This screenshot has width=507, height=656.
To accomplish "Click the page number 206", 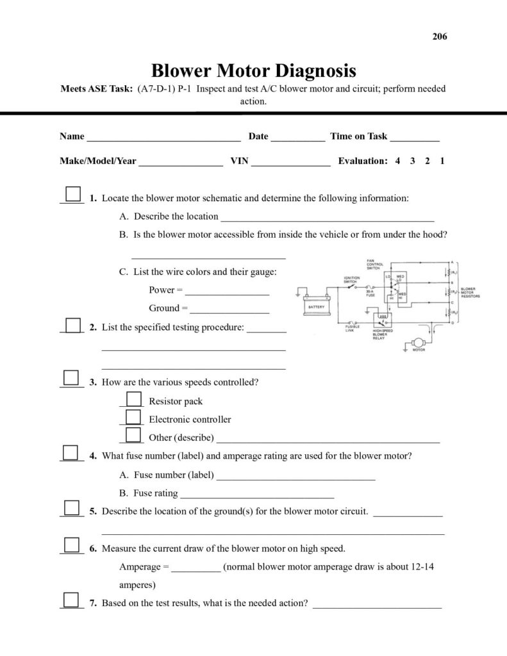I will point(440,37).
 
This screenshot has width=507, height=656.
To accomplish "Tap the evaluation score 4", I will point(397,161).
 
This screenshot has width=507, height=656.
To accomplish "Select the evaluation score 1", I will point(442,161).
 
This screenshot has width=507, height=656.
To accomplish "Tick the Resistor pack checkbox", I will point(133,398).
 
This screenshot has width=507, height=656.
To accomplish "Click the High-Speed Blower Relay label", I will point(383,334).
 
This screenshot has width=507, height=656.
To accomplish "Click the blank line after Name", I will point(163,137).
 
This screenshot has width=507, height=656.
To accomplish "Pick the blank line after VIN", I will point(291,162).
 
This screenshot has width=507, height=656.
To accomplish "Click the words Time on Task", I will point(359,136).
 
